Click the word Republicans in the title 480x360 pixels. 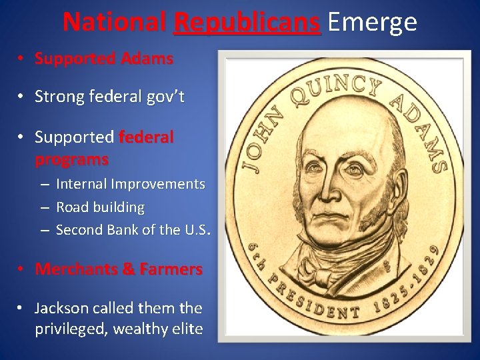(x=246, y=23)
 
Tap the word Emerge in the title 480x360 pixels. (x=372, y=23)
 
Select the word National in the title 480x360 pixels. (x=114, y=23)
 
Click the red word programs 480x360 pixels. (x=71, y=160)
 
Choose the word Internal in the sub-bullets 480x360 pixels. (x=83, y=184)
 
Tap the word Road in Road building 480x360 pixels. (x=71, y=207)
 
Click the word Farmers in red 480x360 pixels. (x=173, y=269)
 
